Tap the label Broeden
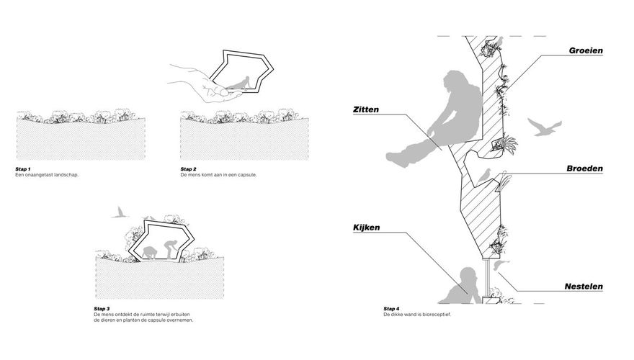click(584, 168)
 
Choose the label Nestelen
click(582, 286)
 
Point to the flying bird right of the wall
click(545, 127)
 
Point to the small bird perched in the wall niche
click(484, 173)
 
